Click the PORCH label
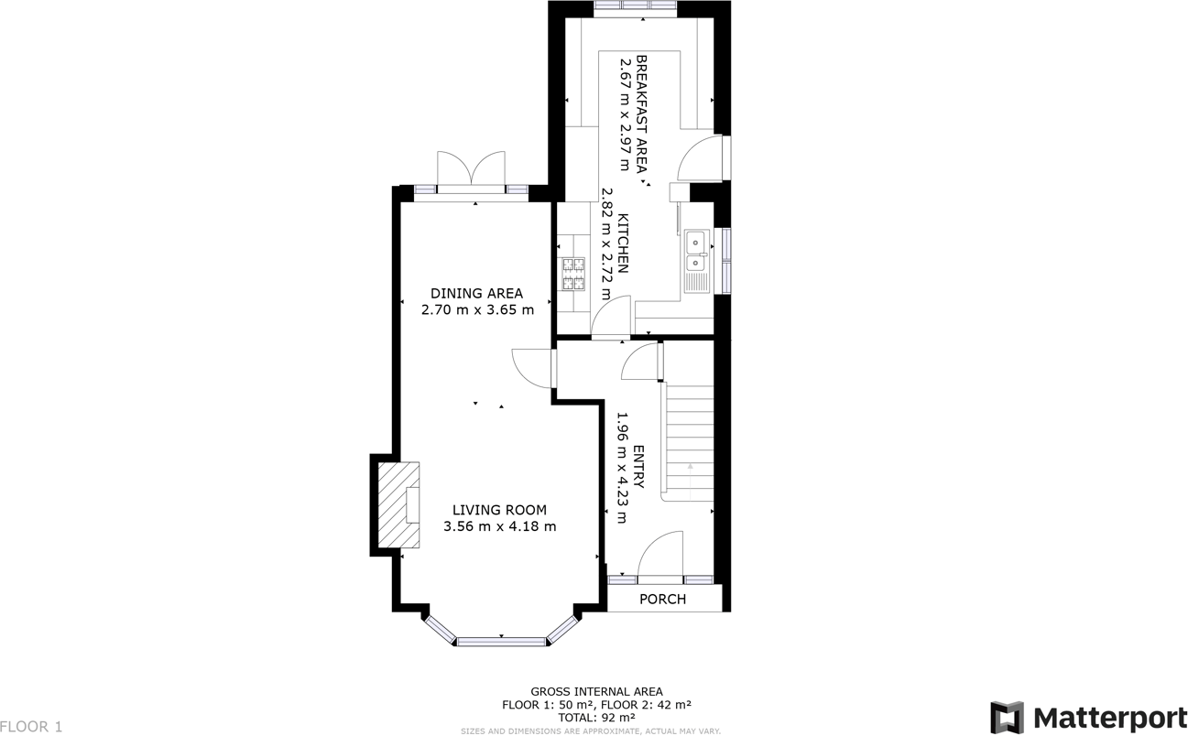click(x=662, y=600)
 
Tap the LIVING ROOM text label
click(x=499, y=510)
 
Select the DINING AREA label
click(x=476, y=293)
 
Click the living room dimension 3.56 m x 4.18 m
click(x=499, y=526)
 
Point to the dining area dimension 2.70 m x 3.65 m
click(x=476, y=309)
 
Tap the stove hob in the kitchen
click(x=573, y=274)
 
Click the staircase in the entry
click(x=689, y=439)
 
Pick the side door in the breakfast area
click(x=703, y=157)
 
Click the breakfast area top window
click(x=635, y=7)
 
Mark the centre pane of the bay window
click(x=501, y=641)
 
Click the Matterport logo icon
click(x=1007, y=717)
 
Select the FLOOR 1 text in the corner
click(x=31, y=727)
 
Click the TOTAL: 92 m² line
click(x=596, y=718)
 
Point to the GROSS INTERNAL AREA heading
click(x=596, y=692)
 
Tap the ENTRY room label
click(x=638, y=467)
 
